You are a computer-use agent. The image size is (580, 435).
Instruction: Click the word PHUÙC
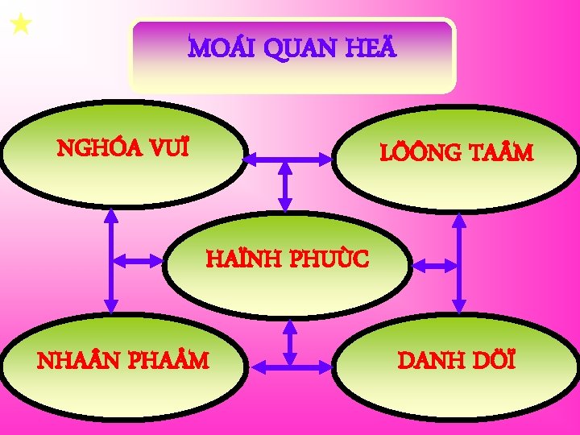click(x=329, y=259)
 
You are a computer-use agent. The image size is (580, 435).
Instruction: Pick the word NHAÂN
click(x=80, y=360)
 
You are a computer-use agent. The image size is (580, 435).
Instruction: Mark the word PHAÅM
click(x=168, y=360)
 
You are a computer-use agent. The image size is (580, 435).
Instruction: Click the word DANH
click(x=436, y=359)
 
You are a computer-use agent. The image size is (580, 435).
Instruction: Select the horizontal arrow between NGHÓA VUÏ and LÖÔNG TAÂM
click(x=287, y=160)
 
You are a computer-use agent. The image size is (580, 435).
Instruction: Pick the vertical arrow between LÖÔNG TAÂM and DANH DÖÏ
click(x=459, y=263)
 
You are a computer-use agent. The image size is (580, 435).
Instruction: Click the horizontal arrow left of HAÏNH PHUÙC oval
click(x=138, y=260)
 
